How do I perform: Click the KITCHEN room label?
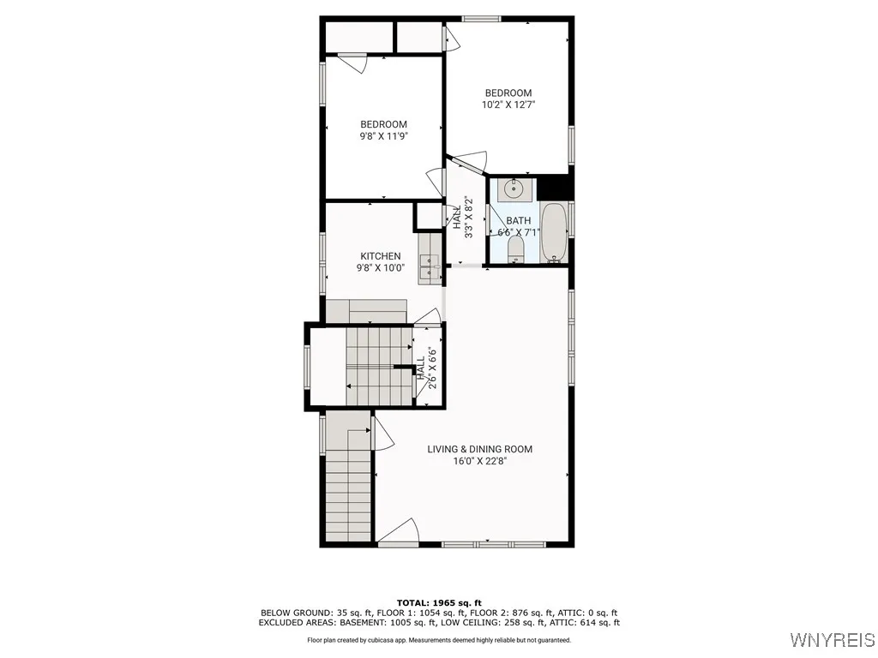(380, 256)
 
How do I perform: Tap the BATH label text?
(518, 221)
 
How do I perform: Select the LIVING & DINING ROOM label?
(480, 449)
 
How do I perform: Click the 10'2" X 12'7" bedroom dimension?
(508, 105)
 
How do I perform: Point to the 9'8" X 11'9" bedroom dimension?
(383, 135)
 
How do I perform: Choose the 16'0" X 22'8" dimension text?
(480, 461)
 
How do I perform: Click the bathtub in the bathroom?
(554, 232)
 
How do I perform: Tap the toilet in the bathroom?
(516, 249)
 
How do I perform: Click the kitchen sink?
(428, 269)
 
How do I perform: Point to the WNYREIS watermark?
(833, 640)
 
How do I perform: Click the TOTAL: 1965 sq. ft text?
(439, 602)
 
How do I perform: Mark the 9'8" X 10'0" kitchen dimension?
(380, 268)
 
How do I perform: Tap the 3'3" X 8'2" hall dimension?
(468, 218)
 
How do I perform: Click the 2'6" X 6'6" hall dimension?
(433, 369)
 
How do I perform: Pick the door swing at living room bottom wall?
(401, 531)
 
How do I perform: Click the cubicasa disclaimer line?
(439, 641)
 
